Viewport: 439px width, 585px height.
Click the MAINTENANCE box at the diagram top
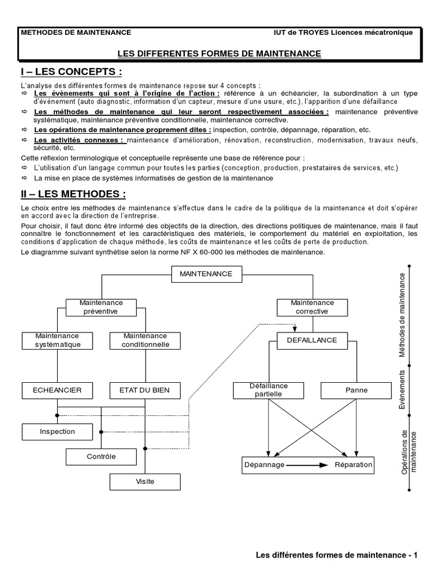(x=206, y=274)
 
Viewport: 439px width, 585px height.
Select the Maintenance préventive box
(x=101, y=307)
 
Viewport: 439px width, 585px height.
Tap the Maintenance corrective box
(x=312, y=307)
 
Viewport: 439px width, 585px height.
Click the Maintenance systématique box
(x=57, y=340)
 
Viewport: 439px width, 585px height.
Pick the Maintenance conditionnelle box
(x=145, y=340)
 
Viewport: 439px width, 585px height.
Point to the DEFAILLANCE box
(x=312, y=340)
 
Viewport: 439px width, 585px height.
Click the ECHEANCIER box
(x=57, y=391)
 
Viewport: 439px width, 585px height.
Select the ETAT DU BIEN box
(x=145, y=391)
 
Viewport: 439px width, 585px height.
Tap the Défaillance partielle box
(x=268, y=391)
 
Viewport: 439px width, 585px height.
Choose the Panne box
(x=356, y=391)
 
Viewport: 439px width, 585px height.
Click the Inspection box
(x=57, y=432)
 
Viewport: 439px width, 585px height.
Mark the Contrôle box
(x=101, y=457)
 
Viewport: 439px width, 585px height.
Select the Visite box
(x=145, y=482)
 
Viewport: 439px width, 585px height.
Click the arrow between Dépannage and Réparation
(x=308, y=466)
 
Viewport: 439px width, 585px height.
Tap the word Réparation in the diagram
(x=353, y=465)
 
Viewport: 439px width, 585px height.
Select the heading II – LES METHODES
(x=73, y=195)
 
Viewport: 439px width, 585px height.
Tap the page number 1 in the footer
(x=416, y=555)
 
